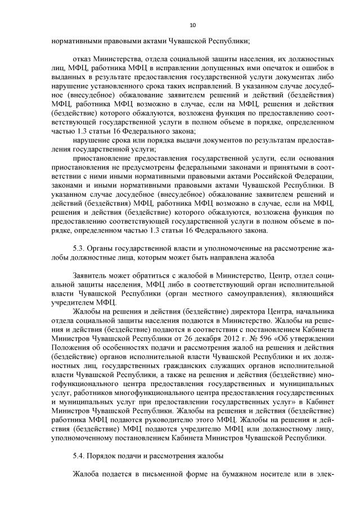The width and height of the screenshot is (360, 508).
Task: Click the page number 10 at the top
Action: (x=192, y=25)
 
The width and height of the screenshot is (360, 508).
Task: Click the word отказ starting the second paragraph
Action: (x=83, y=58)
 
